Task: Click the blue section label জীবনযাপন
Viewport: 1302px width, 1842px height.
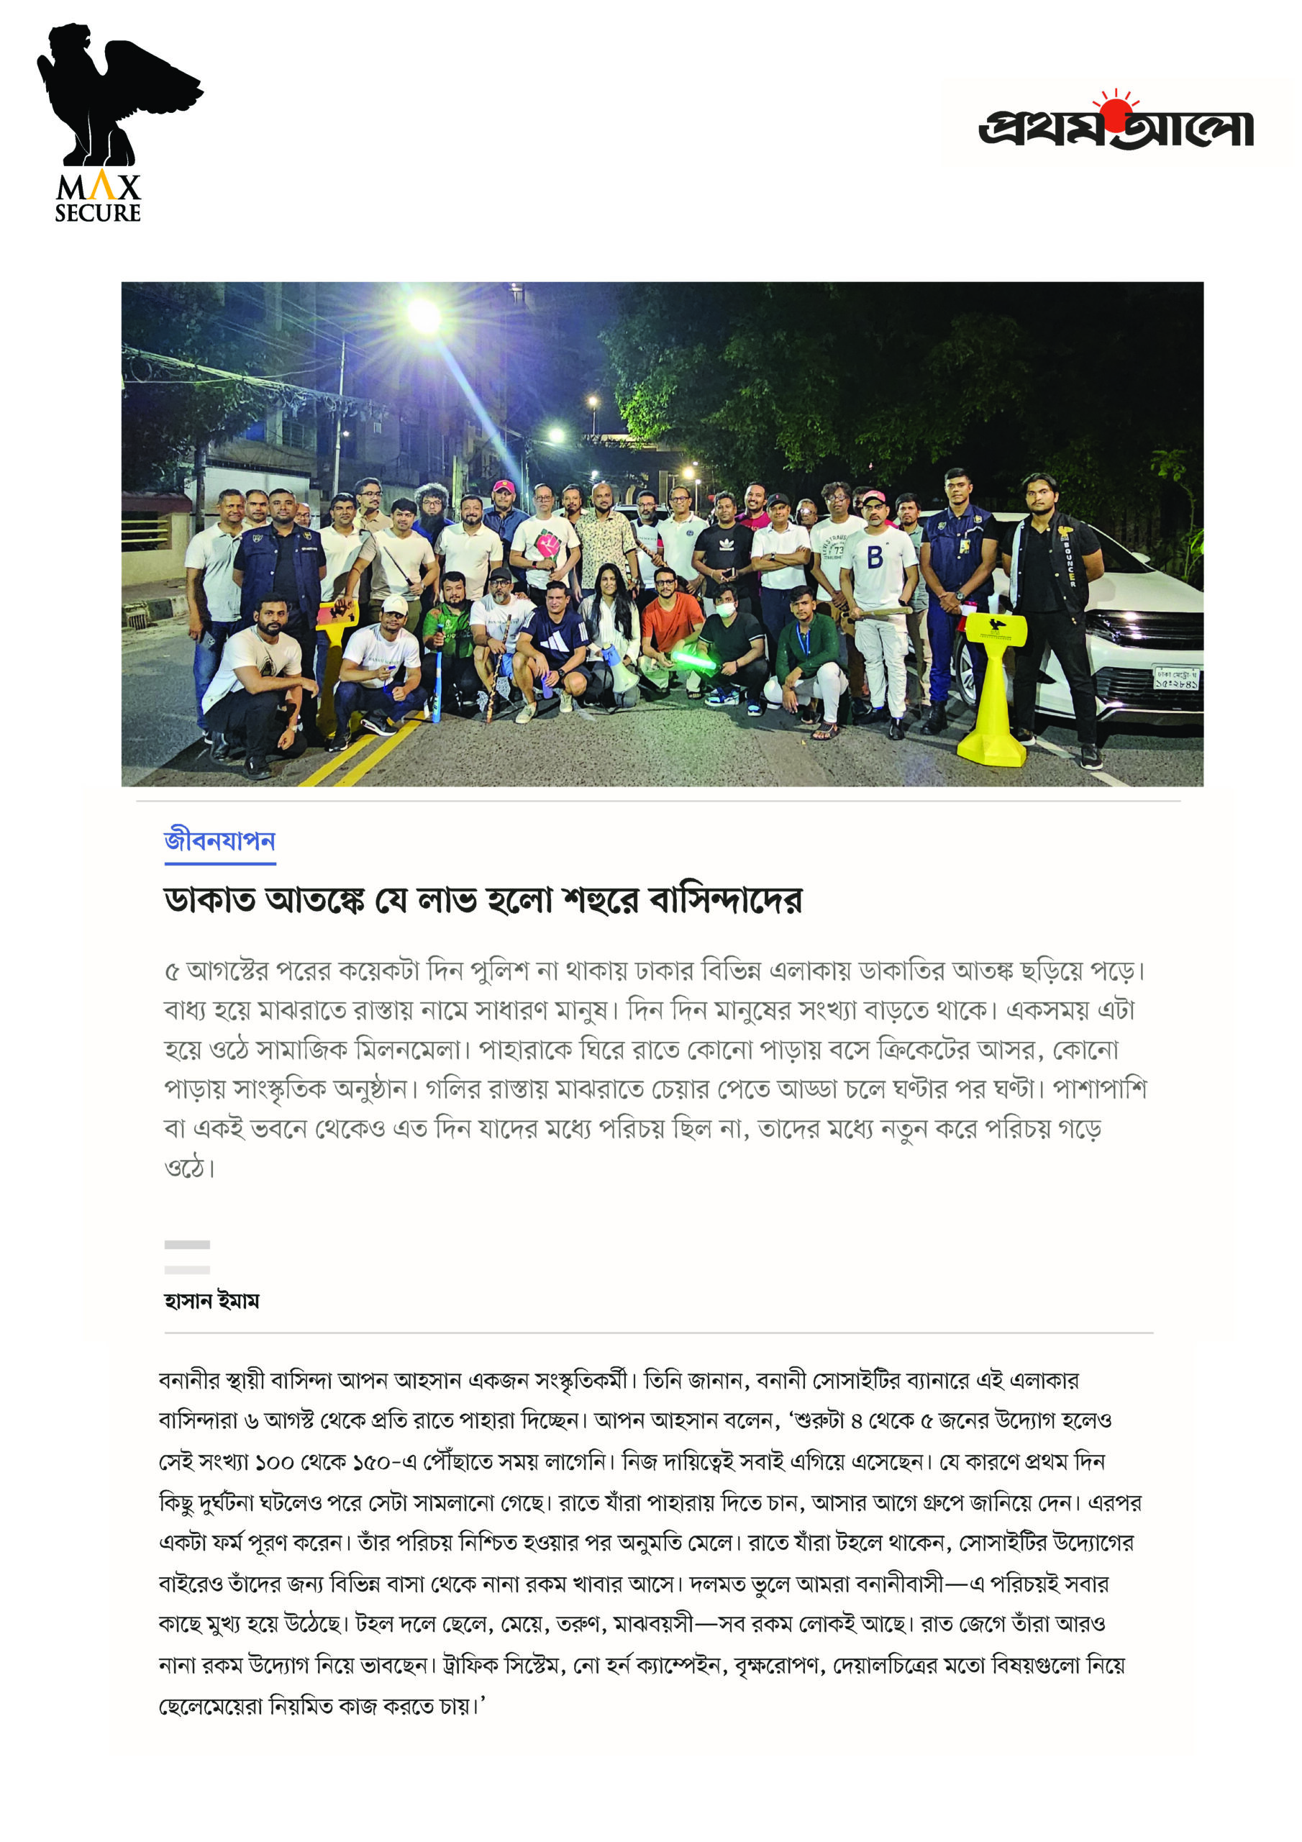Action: [220, 841]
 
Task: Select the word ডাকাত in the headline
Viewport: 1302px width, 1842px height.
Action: [209, 900]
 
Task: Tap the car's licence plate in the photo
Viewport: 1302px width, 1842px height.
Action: [1176, 678]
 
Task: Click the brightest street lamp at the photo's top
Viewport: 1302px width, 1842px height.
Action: [424, 315]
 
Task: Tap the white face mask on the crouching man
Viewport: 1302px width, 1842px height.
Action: [725, 609]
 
